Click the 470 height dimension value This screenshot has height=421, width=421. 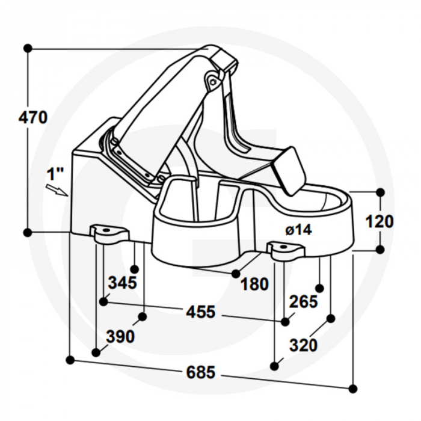click(x=32, y=117)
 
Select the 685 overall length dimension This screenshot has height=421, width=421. click(x=200, y=372)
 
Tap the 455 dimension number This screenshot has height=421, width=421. click(x=200, y=312)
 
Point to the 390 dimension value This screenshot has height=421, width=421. click(x=120, y=337)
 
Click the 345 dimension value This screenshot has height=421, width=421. click(x=122, y=281)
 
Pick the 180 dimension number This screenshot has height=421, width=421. click(x=254, y=284)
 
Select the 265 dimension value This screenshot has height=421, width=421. click(x=303, y=301)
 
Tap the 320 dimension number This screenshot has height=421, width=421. click(x=303, y=345)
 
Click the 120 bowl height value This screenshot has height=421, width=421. click(x=380, y=221)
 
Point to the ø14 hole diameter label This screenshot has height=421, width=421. click(x=298, y=230)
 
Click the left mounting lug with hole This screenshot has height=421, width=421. click(x=109, y=233)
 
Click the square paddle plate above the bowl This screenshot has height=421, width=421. click(x=289, y=170)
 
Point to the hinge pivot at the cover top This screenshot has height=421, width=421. click(x=212, y=79)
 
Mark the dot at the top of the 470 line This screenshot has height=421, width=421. click(x=27, y=48)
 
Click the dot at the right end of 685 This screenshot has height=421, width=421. click(x=353, y=389)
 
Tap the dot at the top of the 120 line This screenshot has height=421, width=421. click(x=380, y=192)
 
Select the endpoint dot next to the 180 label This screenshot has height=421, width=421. click(x=236, y=274)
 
